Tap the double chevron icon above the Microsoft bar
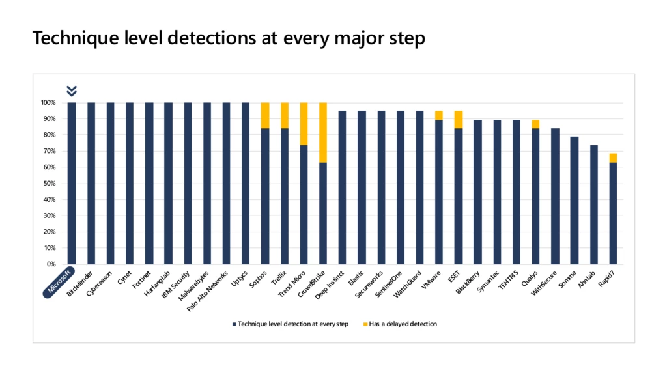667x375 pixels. (x=72, y=90)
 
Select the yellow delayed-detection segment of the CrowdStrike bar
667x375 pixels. (x=322, y=132)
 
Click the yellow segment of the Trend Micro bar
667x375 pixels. (x=304, y=124)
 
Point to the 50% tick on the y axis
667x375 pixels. (x=49, y=184)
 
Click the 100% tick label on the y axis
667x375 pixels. (x=48, y=103)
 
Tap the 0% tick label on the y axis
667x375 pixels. (x=51, y=264)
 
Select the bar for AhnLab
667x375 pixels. (x=593, y=204)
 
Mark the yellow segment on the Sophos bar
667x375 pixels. (x=264, y=115)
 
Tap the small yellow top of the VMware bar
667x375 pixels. (x=438, y=115)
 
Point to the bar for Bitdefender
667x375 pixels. (x=91, y=183)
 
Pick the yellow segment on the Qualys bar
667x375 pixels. (x=535, y=124)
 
